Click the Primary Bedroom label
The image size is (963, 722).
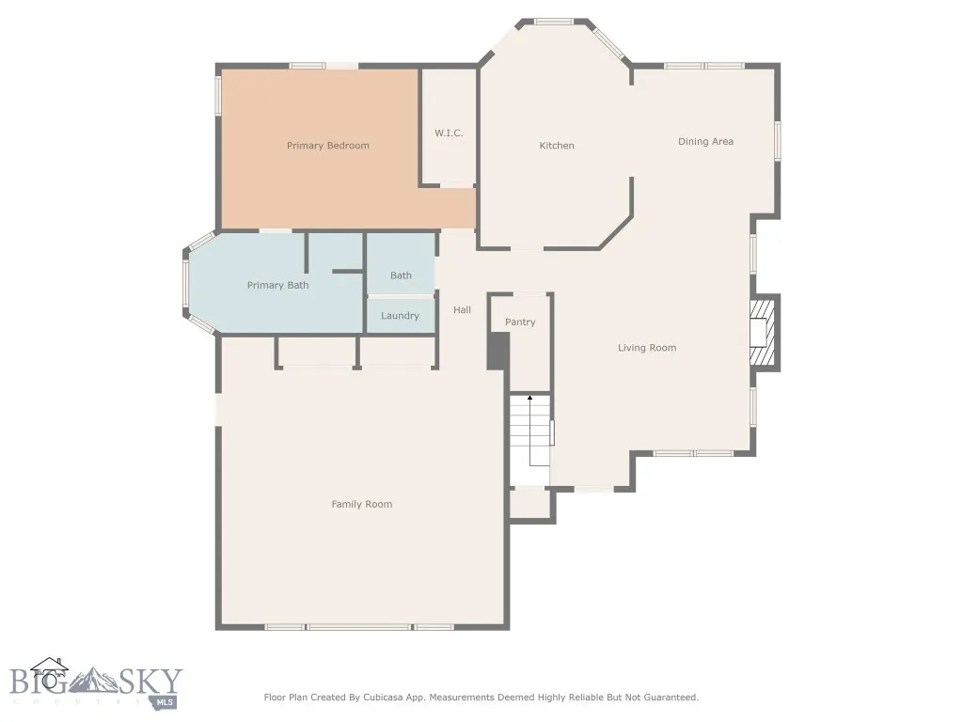click(x=327, y=146)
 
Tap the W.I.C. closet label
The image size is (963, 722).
click(x=449, y=133)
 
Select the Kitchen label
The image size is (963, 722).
click(x=556, y=146)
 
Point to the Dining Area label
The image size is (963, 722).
click(x=705, y=142)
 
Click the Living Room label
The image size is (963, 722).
click(x=647, y=348)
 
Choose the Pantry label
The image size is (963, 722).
click(x=520, y=322)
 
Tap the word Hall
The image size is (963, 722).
click(x=462, y=310)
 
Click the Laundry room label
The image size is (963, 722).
click(x=400, y=316)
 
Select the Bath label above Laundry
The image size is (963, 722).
click(x=401, y=275)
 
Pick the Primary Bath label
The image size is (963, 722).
click(x=277, y=285)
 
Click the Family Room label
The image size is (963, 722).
click(x=361, y=505)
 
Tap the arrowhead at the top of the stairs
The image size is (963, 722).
click(x=529, y=400)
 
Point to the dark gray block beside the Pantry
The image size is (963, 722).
click(x=497, y=351)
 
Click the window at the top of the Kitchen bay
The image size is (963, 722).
click(x=555, y=21)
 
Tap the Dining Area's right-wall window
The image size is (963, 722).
click(x=777, y=141)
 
